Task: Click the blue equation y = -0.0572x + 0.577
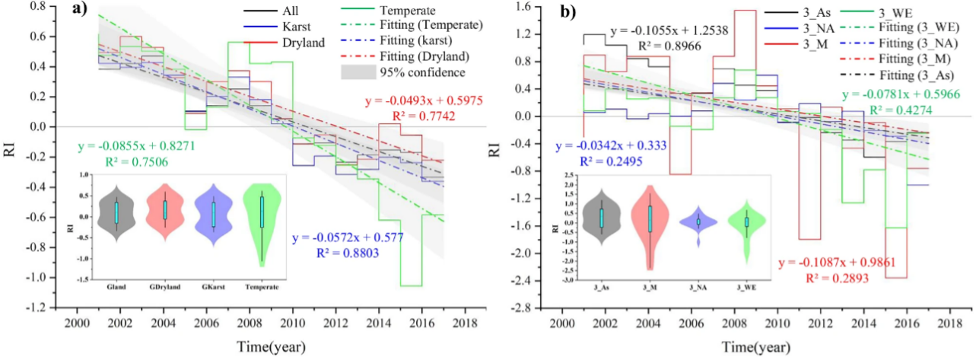347,238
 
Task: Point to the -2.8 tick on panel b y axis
533,307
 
